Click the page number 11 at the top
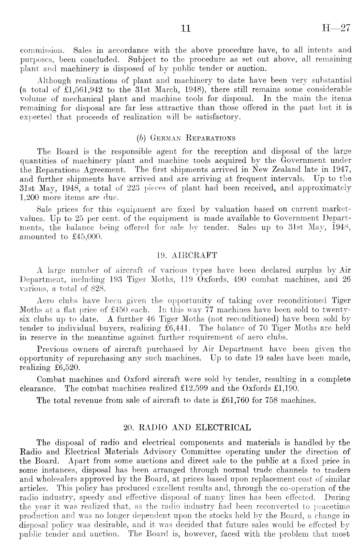tap(185, 29)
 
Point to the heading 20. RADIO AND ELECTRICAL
tap(187, 427)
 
